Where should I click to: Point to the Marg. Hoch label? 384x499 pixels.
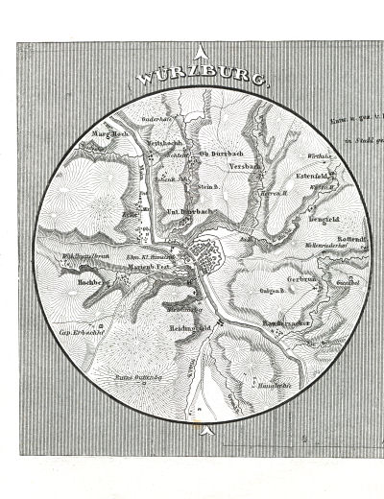coord(110,134)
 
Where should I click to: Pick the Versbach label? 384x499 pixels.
coord(247,165)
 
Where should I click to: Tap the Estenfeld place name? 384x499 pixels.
coord(315,176)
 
